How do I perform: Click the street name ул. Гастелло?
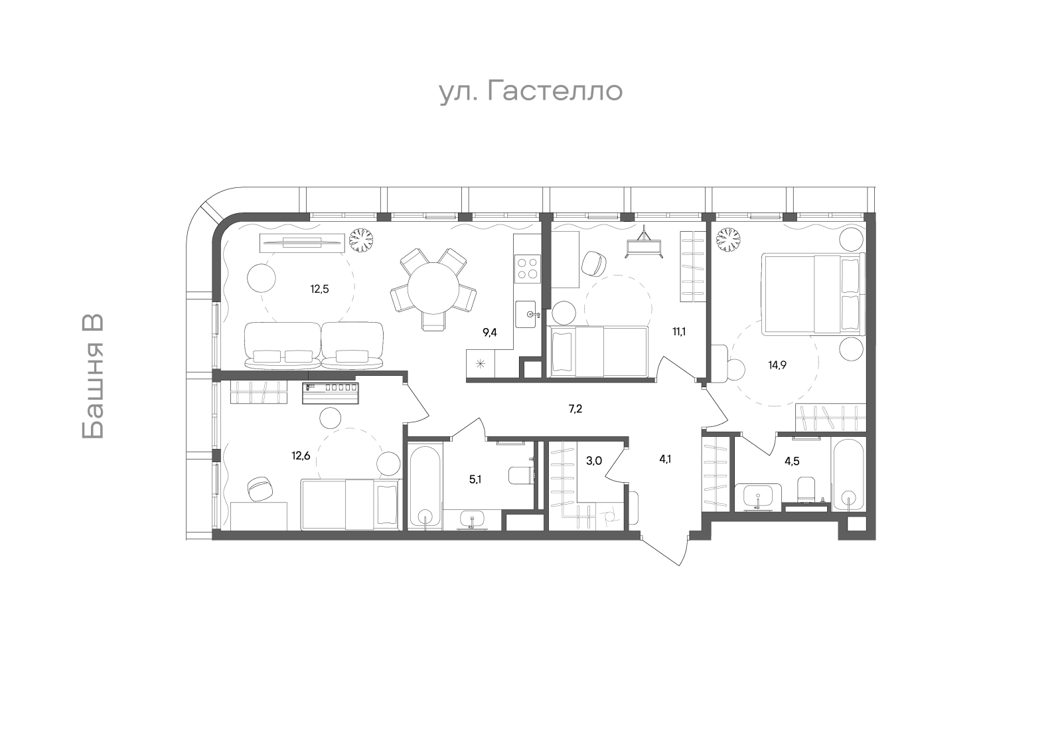[531, 92]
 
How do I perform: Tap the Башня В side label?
[93, 376]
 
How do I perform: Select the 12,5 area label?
[319, 290]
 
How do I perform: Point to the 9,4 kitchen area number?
[490, 332]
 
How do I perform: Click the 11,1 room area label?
[679, 331]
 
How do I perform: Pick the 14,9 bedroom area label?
[777, 365]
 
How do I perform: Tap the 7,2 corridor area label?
[575, 409]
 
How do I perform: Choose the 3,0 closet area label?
[593, 460]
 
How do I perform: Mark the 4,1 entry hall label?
[664, 459]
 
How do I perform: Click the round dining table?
[433, 288]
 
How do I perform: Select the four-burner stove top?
[528, 268]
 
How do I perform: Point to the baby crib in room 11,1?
[644, 244]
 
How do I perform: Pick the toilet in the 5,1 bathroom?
[521, 475]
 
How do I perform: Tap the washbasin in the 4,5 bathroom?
[757, 497]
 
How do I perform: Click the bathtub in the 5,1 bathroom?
[425, 485]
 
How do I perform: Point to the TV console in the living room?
[302, 242]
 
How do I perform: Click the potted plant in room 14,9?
[728, 241]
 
